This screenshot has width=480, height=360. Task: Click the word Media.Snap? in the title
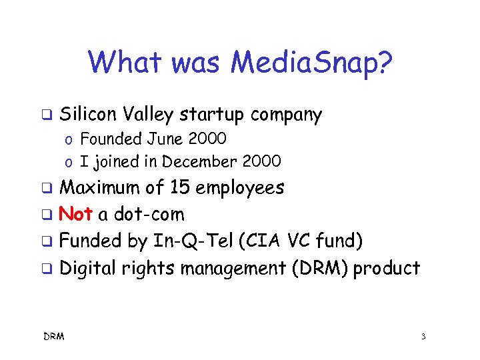pos(312,63)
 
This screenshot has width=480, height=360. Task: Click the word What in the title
pos(124,63)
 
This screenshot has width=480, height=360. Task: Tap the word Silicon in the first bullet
pos(85,115)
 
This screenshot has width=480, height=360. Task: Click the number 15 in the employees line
pos(179,187)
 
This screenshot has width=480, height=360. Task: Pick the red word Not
pos(76,214)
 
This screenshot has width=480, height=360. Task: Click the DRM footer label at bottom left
pos(53,337)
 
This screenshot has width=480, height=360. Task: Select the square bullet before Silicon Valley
pos(46,115)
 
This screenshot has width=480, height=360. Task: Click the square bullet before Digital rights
pos(46,269)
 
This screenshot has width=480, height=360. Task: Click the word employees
pos(239,187)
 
